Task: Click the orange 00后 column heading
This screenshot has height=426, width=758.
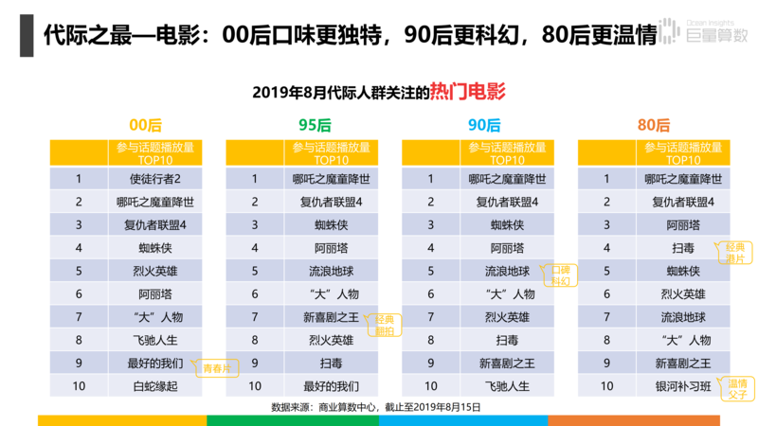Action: (145, 125)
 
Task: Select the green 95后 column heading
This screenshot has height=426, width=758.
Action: (315, 125)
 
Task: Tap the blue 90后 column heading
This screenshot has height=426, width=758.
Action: (484, 125)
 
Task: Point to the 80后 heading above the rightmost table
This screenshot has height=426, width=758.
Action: (654, 125)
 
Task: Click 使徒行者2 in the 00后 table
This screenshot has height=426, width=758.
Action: (155, 178)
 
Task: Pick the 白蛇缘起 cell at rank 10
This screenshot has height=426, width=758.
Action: (155, 386)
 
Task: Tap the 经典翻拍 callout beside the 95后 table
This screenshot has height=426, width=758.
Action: (385, 325)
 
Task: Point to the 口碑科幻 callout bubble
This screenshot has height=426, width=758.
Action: (562, 276)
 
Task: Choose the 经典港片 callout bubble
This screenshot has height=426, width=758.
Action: (734, 253)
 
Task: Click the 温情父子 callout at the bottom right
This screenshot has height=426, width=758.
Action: (737, 389)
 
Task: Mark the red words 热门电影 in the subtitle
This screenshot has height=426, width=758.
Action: (467, 92)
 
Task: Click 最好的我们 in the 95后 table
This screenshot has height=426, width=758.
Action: (331, 386)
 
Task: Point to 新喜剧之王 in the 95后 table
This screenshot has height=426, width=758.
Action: (331, 317)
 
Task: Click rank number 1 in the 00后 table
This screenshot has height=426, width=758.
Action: (80, 178)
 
